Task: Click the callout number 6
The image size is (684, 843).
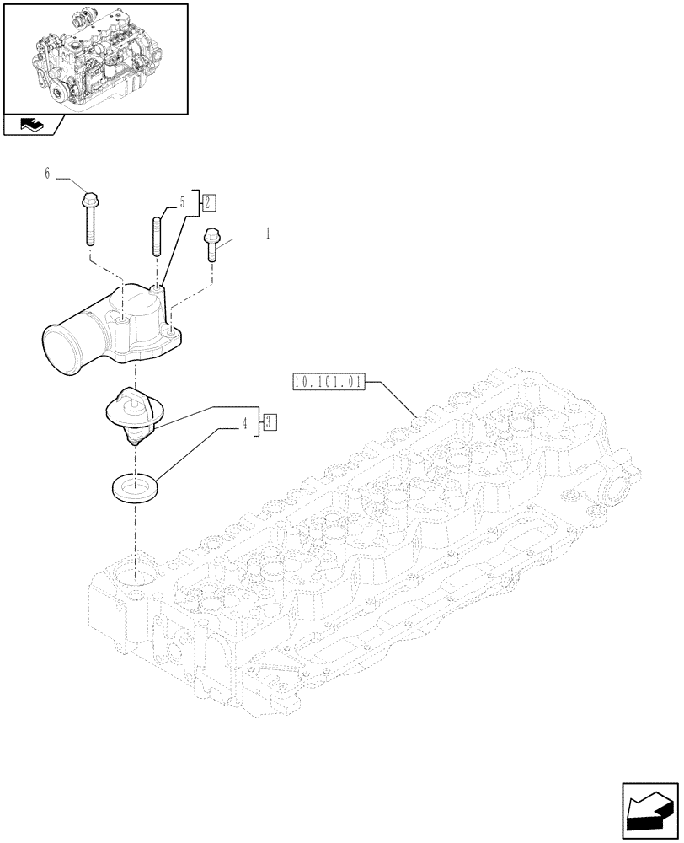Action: tap(47, 174)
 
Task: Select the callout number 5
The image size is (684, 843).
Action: tap(181, 203)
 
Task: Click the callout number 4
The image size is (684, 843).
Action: tap(245, 424)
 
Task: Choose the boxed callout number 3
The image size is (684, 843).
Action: tap(267, 423)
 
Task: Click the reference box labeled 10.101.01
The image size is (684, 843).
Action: tap(329, 382)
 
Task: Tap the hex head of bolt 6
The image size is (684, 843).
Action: tap(91, 200)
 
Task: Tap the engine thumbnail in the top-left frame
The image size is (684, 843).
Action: tap(94, 58)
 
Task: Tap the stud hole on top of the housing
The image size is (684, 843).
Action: tap(155, 289)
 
